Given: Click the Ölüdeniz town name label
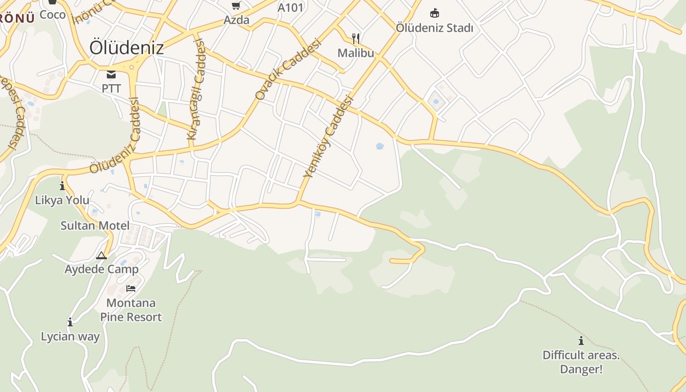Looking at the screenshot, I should pyautogui.click(x=126, y=48).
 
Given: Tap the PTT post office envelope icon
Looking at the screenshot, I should pyautogui.click(x=111, y=74).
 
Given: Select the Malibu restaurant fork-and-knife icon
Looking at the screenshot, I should pyautogui.click(x=356, y=38).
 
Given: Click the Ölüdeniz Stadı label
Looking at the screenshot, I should pyautogui.click(x=435, y=28).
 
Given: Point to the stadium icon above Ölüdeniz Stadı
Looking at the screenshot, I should pyautogui.click(x=435, y=13).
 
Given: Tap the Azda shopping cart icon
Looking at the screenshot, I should pyautogui.click(x=236, y=6).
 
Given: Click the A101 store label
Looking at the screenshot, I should pyautogui.click(x=291, y=7).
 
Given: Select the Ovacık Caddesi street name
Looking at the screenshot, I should pyautogui.click(x=288, y=70).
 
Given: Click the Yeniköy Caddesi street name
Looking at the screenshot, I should pyautogui.click(x=328, y=136).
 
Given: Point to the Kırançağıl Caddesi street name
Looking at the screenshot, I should pyautogui.click(x=196, y=91).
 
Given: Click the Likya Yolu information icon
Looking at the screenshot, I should pyautogui.click(x=62, y=186).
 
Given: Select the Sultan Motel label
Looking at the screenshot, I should pyautogui.click(x=95, y=226).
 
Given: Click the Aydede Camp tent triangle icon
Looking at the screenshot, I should pyautogui.click(x=101, y=255).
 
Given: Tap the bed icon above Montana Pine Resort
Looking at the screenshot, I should pyautogui.click(x=131, y=288).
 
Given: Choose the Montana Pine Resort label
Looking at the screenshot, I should pyautogui.click(x=131, y=310).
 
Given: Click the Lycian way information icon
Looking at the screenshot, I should pyautogui.click(x=70, y=322).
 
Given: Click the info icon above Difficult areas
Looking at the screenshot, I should pyautogui.click(x=581, y=341).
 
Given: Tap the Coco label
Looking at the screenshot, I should pyautogui.click(x=52, y=15).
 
